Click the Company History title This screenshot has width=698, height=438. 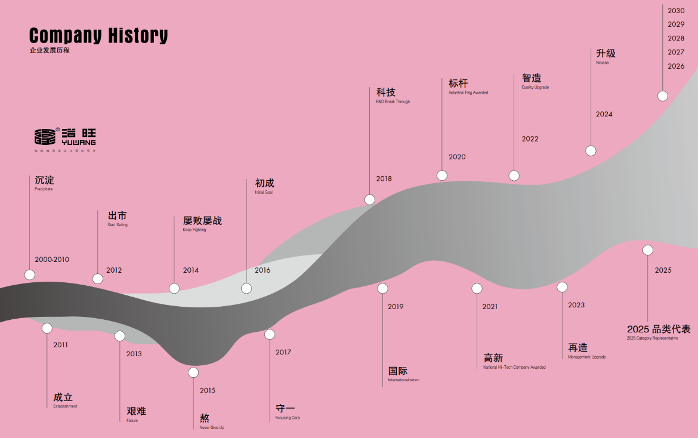98,36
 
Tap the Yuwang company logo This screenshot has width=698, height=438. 65,137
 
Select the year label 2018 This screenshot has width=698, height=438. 384,178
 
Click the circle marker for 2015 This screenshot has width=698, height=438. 193,373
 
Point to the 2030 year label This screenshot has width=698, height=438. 676,11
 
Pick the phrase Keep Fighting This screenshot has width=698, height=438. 194,230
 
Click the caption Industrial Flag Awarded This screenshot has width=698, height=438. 468,92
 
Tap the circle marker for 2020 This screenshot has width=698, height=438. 442,175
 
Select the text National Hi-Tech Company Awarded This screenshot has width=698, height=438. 514,367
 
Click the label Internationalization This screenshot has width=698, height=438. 404,380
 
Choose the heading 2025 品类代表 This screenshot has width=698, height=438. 659,329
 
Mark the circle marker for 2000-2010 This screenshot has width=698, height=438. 30,274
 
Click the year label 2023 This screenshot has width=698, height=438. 576,305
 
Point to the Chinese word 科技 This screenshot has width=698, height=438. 386,92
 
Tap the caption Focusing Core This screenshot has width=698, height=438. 288,418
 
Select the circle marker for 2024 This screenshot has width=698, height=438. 591,151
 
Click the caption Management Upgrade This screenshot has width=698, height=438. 587,357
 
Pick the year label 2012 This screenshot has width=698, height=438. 114,270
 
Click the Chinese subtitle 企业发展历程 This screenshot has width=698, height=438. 50,51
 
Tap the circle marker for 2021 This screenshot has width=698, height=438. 477,289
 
